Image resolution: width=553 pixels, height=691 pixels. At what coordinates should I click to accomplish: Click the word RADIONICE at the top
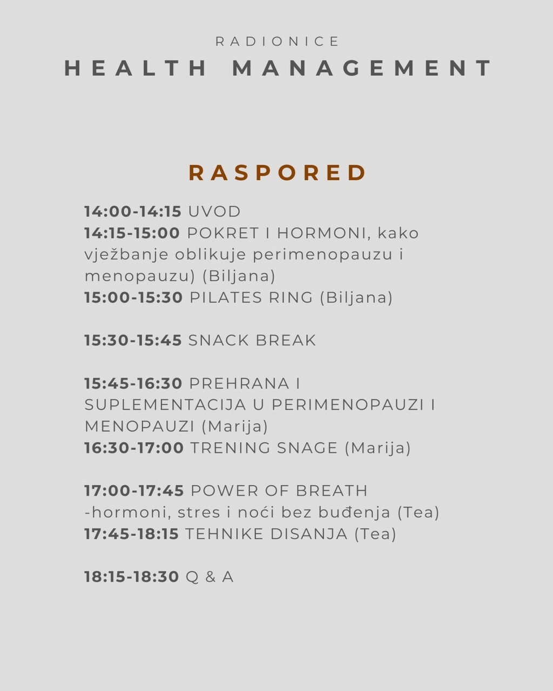point(278,42)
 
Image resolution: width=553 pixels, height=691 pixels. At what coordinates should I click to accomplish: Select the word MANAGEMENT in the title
point(362,69)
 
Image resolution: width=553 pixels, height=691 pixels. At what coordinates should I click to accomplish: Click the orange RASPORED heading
point(278,173)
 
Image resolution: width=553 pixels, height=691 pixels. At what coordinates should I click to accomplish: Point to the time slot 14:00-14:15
point(132,211)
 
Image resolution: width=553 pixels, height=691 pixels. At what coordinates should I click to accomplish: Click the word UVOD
point(214,211)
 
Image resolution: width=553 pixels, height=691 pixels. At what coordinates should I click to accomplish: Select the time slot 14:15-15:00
point(132,233)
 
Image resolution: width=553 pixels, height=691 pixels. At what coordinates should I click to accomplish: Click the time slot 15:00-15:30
point(133,297)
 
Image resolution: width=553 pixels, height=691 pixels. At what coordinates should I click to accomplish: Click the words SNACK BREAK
point(252,341)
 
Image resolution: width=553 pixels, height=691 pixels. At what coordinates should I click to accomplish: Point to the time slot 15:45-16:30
point(133,384)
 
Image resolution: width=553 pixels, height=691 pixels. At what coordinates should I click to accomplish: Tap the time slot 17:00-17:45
point(134,491)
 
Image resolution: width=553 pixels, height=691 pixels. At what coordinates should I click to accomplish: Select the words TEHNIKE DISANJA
point(266,534)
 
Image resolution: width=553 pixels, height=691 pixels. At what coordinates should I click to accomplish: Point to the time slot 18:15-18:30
point(131,577)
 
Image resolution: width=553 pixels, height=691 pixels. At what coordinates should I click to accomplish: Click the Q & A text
point(210,577)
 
